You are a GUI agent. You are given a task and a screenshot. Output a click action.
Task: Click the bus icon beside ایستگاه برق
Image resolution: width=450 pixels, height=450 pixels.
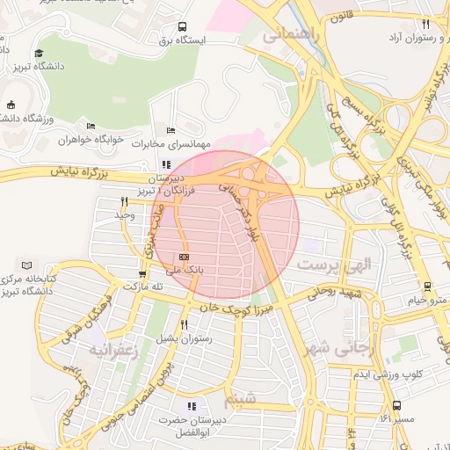182,26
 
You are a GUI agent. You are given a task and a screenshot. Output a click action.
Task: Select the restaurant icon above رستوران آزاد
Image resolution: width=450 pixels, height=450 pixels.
425,24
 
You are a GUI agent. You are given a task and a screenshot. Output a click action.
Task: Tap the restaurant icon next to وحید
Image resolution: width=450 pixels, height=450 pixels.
124,201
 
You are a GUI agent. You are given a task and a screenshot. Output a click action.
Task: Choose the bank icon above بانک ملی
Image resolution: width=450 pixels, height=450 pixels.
183,258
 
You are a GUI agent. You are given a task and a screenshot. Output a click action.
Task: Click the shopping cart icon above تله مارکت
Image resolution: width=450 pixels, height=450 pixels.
142,272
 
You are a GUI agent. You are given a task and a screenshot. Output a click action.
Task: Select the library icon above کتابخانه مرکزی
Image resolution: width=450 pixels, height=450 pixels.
25,265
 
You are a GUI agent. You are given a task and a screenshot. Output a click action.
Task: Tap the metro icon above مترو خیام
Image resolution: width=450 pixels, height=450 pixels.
426,287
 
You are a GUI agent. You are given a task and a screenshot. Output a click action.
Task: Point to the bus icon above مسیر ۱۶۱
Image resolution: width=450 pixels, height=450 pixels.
397,405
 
